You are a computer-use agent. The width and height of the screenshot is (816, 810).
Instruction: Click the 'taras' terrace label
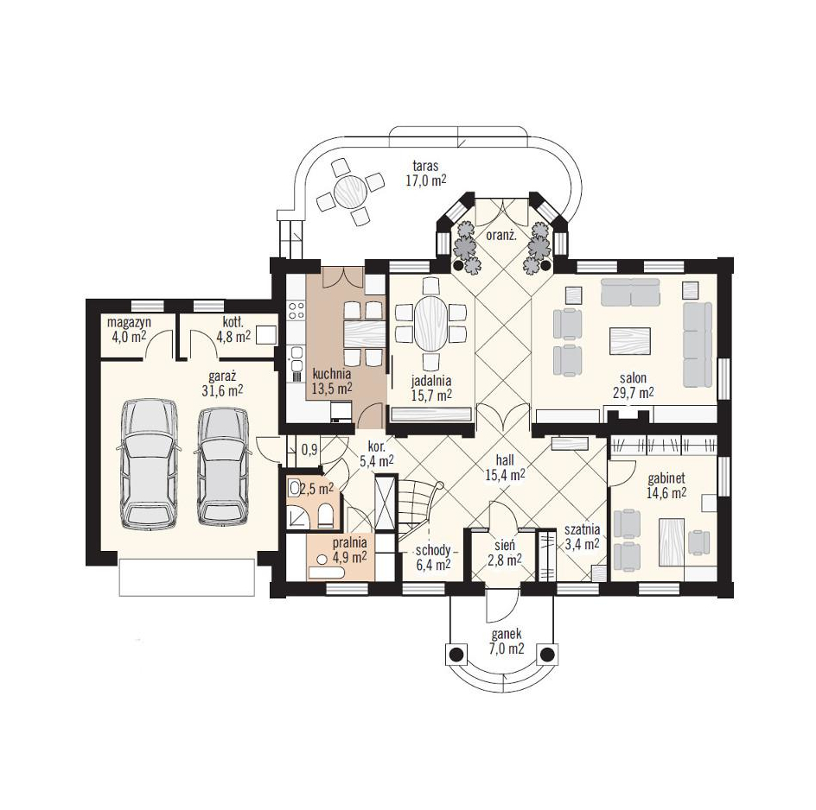pyautogui.click(x=425, y=167)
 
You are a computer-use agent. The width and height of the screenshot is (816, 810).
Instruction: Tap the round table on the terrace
pyautogui.click(x=351, y=192)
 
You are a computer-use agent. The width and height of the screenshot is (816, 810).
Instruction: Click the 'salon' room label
pyautogui.click(x=633, y=378)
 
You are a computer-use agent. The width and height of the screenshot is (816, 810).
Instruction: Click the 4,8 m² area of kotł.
pyautogui.click(x=233, y=337)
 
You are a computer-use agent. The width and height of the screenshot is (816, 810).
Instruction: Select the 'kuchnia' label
pyautogui.click(x=332, y=373)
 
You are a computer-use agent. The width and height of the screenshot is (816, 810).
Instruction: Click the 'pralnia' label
pyautogui.click(x=350, y=543)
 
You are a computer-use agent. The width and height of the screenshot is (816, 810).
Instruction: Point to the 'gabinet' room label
pyautogui.click(x=666, y=478)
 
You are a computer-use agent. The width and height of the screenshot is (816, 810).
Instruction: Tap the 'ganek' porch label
pyautogui.click(x=507, y=635)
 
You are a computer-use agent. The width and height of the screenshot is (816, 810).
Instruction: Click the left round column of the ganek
pyautogui.click(x=456, y=655)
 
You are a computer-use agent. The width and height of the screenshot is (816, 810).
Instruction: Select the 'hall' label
pyautogui.click(x=505, y=460)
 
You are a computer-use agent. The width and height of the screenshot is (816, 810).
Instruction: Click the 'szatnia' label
pyautogui.click(x=583, y=529)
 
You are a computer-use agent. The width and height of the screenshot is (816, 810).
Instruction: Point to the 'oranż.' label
pyautogui.click(x=501, y=235)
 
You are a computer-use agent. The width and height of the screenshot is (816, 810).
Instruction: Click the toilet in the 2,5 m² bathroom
pyautogui.click(x=326, y=515)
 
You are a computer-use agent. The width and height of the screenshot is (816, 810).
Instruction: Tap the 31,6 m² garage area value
pyautogui.click(x=222, y=390)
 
